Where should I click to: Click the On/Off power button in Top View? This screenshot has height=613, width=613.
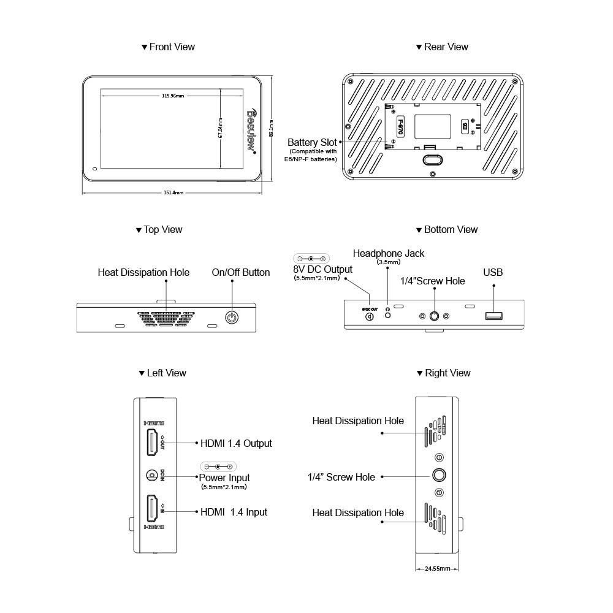tap(232, 318)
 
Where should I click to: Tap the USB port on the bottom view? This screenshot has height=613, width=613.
tap(493, 316)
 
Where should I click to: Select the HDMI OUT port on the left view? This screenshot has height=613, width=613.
tap(151, 443)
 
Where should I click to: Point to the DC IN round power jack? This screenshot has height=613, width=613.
tap(151, 475)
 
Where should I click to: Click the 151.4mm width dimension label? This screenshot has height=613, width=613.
tap(173, 192)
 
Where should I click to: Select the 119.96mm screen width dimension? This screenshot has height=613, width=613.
tap(173, 96)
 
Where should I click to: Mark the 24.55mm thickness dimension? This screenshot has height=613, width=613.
tap(438, 569)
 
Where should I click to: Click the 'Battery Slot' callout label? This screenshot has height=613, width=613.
tap(311, 142)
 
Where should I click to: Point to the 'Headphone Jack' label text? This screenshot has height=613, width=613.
tap(388, 253)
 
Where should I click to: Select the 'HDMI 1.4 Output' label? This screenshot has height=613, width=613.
tap(236, 443)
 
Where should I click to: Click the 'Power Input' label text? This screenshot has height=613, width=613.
tap(224, 478)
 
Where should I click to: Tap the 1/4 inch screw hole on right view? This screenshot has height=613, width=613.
tap(439, 476)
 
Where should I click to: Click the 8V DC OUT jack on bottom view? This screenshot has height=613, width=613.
tap(370, 316)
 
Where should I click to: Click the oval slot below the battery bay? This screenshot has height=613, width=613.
tap(433, 159)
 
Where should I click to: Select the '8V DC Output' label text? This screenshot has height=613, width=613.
tap(322, 269)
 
